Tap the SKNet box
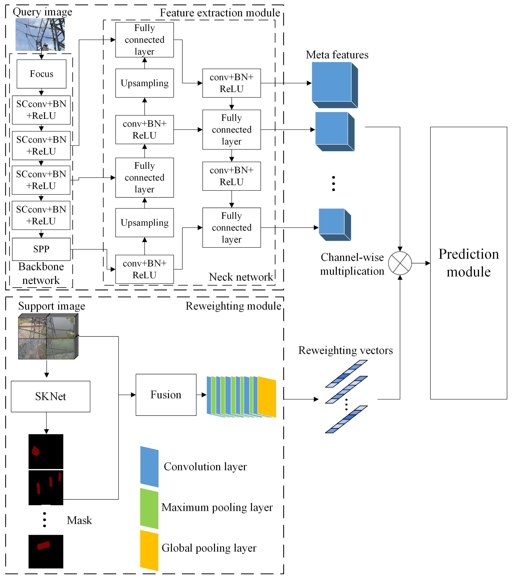[50, 396]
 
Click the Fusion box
[166, 395]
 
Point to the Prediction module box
[468, 263]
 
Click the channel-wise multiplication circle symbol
[400, 263]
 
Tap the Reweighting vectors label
[345, 350]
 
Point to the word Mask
[79, 520]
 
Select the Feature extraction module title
[220, 13]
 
